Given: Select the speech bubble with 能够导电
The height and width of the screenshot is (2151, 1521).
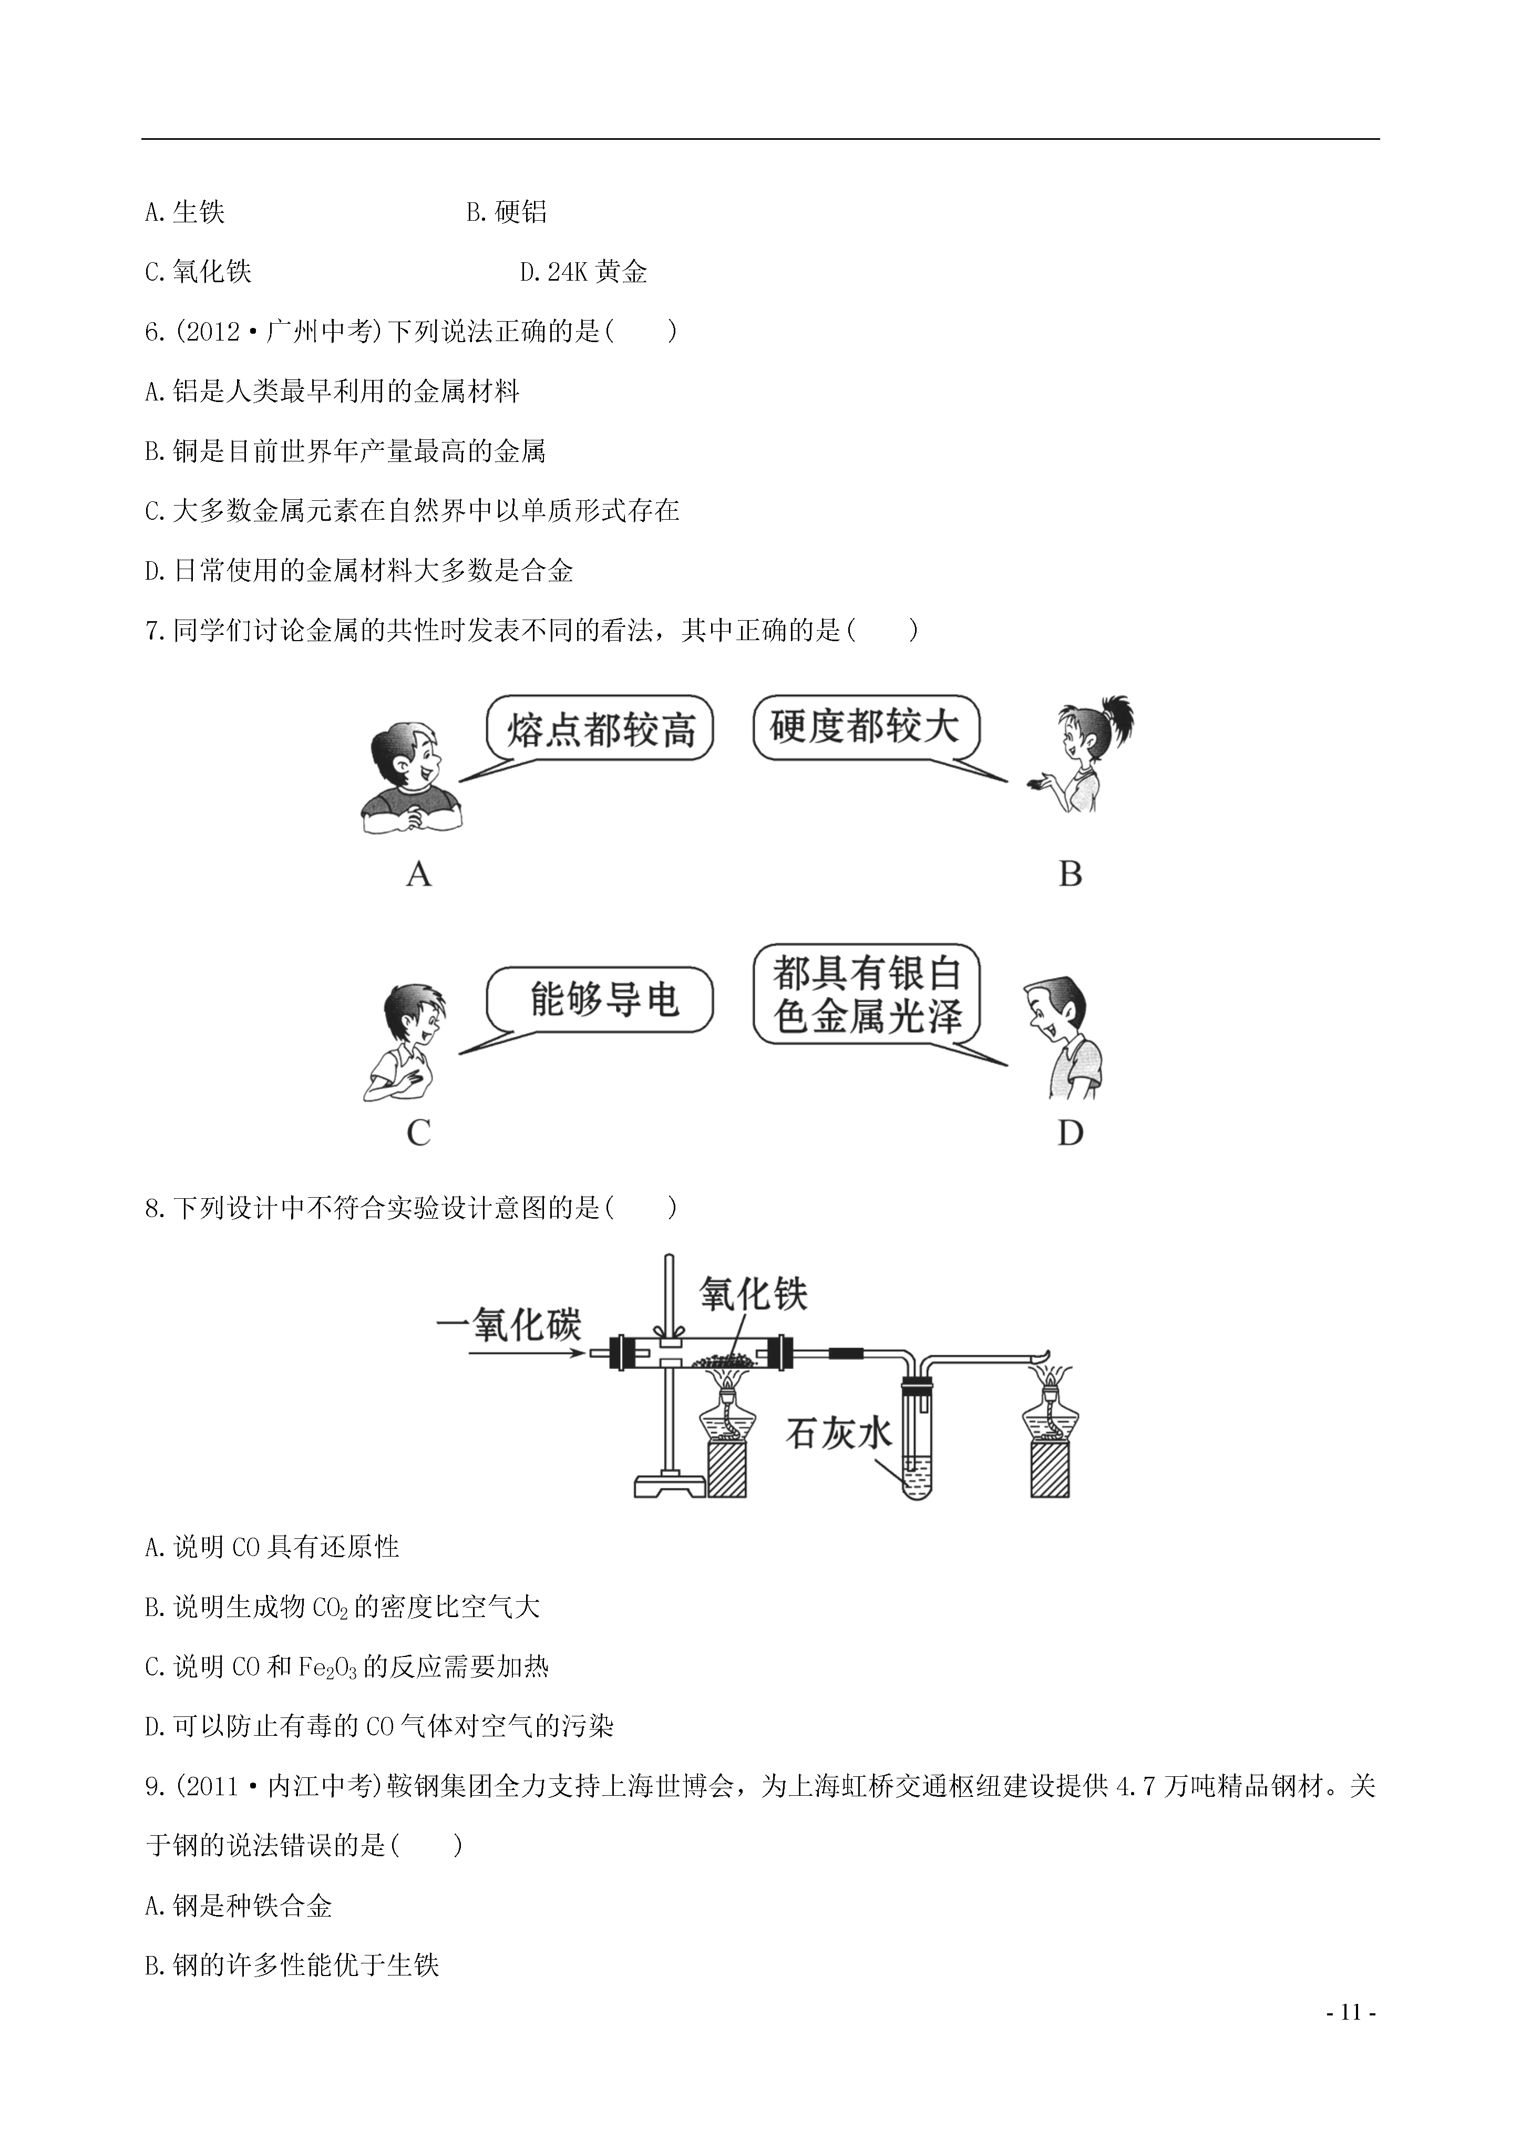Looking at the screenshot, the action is pos(600,1001).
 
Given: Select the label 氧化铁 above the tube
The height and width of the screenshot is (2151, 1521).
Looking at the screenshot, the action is pos(754,1295).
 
